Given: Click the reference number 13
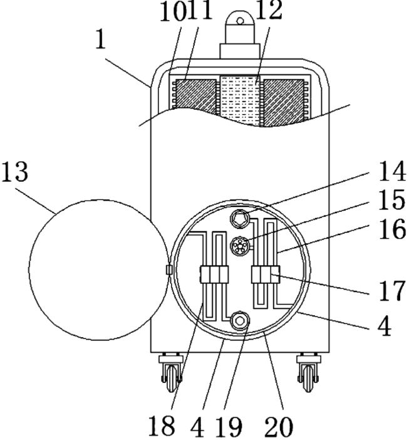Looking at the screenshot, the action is click(15, 172).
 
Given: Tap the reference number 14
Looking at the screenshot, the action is click(392, 171).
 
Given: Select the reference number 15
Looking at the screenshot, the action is click(392, 200).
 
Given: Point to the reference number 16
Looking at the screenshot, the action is click(392, 229).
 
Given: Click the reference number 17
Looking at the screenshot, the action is click(392, 290).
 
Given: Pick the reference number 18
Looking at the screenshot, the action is click(161, 426).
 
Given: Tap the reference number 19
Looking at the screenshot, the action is click(229, 427).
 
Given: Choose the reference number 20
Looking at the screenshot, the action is click(279, 426).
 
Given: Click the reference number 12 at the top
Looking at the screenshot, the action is click(269, 11).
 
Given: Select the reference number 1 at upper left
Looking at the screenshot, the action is click(101, 39).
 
